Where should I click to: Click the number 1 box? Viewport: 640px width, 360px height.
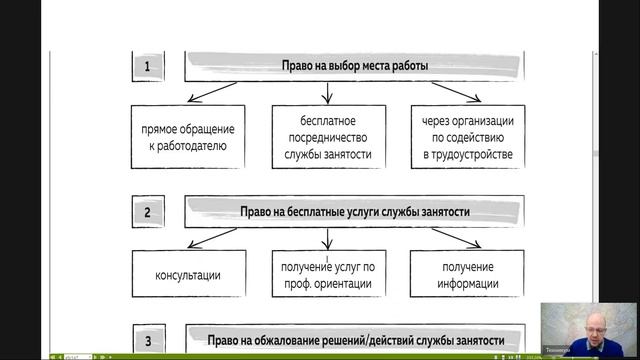pos(147,68)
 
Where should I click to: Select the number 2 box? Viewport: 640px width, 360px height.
pos(147,213)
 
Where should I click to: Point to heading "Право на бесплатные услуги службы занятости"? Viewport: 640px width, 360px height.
pos(355,212)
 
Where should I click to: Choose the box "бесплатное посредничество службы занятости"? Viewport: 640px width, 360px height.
pos(327,137)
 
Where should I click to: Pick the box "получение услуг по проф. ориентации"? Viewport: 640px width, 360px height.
pos(327,275)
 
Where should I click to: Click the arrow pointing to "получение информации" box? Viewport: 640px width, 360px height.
pos(445,238)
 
